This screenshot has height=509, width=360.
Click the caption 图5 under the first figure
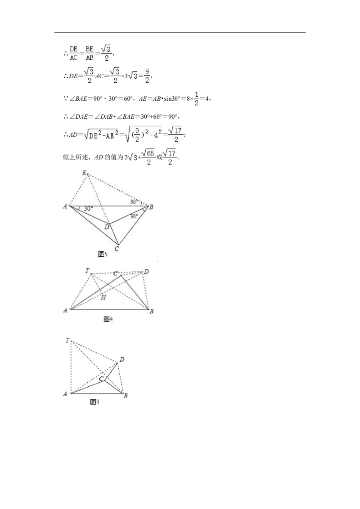102,254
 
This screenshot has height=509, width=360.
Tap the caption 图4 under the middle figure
108,319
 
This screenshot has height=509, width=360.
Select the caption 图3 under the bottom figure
94,402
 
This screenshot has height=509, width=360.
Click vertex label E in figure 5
84,173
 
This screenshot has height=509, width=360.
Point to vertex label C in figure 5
117,249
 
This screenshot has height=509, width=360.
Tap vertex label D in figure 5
107,227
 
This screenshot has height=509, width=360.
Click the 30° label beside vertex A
88,209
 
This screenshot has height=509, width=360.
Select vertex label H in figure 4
103,297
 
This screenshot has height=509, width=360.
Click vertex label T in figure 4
87,270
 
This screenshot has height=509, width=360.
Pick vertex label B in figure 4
151,311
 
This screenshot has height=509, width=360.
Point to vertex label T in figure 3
67,340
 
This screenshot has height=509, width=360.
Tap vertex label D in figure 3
122,359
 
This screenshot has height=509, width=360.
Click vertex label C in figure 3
101,379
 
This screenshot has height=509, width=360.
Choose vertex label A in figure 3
65,394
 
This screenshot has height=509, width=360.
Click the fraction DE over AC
74,53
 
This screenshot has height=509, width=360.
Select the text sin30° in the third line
172,98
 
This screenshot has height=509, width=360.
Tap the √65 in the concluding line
148,153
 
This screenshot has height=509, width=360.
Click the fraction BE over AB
90,53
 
